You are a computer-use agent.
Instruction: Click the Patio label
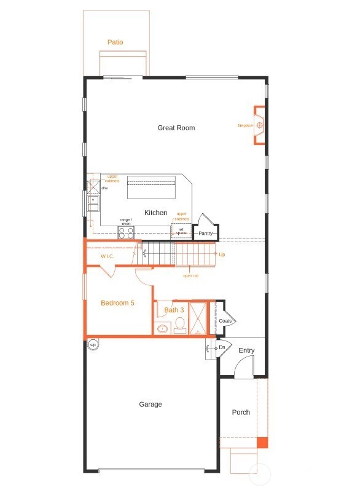(x=115, y=42)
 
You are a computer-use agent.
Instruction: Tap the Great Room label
(x=176, y=128)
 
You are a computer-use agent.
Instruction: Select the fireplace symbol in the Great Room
(x=260, y=125)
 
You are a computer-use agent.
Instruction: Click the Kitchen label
(x=155, y=213)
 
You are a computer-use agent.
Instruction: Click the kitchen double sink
(x=93, y=203)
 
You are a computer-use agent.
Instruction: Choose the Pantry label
(x=205, y=234)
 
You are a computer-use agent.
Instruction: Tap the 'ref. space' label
(x=181, y=231)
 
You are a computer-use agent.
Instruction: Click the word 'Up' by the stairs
(x=221, y=254)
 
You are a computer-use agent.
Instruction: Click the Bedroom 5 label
(x=117, y=303)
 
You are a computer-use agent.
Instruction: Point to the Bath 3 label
(x=174, y=310)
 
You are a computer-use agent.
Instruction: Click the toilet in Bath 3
(x=180, y=325)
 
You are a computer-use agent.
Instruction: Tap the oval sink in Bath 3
(x=163, y=329)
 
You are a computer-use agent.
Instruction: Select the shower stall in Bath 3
(x=198, y=318)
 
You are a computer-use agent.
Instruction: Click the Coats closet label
(x=225, y=321)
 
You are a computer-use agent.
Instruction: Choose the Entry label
(x=246, y=350)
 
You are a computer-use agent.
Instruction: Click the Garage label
(x=151, y=404)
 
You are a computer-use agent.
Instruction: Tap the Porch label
(x=241, y=412)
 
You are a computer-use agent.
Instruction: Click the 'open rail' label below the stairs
(x=190, y=275)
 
